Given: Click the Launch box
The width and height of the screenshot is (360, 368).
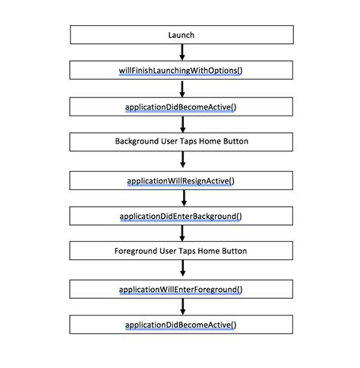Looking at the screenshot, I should [182, 35].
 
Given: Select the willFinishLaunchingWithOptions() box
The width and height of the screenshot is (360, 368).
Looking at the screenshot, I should [182, 71].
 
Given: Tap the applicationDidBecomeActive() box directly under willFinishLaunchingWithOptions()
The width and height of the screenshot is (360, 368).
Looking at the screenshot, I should [182, 107].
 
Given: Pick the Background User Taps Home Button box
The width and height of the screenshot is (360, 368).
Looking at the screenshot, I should [182, 142].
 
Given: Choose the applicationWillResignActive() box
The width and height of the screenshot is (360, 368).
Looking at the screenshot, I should [182, 180].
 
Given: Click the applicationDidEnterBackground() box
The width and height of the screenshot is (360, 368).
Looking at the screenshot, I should [182, 216].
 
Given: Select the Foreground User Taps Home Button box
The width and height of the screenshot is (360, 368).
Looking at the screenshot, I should [182, 251].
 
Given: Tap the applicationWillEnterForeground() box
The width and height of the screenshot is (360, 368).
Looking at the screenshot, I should [182, 289].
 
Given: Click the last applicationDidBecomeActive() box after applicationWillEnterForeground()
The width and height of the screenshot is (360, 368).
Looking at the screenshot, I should [182, 325].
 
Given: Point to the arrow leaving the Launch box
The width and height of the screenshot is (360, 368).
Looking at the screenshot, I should [182, 52].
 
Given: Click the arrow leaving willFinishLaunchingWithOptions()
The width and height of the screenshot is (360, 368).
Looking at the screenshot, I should [182, 89].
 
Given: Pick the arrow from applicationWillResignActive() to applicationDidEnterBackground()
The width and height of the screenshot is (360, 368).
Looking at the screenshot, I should [182, 198].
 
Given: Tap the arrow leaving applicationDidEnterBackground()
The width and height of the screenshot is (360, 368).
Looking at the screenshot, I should [182, 233].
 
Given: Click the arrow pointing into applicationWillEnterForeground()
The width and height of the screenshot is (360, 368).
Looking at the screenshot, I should [182, 270].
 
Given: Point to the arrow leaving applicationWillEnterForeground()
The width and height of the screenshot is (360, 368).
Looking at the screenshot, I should [182, 306].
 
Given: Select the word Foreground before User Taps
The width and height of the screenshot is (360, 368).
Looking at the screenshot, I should [137, 251].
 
